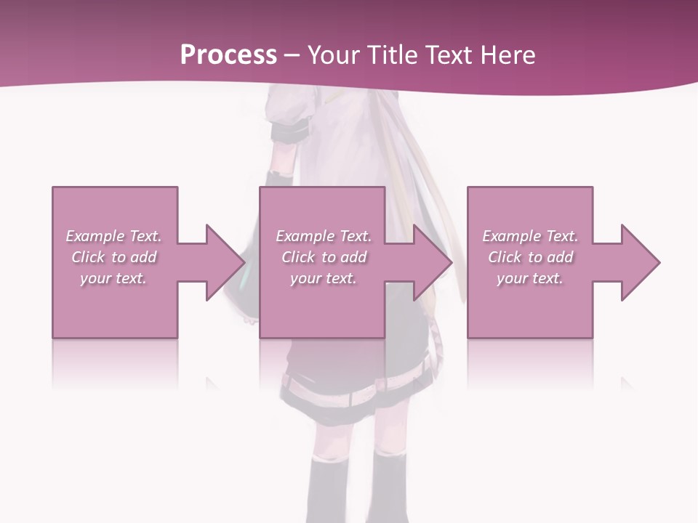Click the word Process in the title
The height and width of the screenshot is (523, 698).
pyautogui.click(x=228, y=55)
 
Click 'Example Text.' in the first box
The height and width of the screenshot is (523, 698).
pyautogui.click(x=113, y=236)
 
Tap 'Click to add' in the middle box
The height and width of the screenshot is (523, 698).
pyautogui.click(x=324, y=257)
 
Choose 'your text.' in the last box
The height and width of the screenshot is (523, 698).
pyautogui.click(x=530, y=278)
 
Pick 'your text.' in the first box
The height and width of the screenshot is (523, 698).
pyautogui.click(x=113, y=278)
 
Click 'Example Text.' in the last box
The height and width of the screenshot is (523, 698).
pyautogui.click(x=530, y=236)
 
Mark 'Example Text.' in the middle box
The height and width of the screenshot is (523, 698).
pyautogui.click(x=324, y=236)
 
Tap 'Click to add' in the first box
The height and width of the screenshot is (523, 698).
pyautogui.click(x=113, y=257)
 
